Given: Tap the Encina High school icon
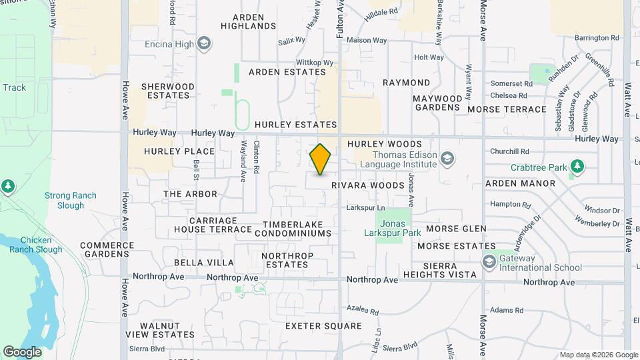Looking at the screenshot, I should coord(205,45).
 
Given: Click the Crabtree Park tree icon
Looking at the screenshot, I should coord(577,166).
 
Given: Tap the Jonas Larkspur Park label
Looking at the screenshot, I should coord(393,228).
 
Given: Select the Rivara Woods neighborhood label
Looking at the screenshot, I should coord(367,185).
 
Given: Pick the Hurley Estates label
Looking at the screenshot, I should coord(295,125).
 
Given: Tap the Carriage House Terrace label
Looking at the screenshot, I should coord(213,225).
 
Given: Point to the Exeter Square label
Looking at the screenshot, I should coord(323,326).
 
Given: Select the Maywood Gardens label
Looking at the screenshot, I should coord(437,103).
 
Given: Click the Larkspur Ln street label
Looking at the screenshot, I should coord(365,208).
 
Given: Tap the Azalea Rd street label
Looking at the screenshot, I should coord(363,311).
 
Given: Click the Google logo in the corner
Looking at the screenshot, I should coord(22,351).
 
